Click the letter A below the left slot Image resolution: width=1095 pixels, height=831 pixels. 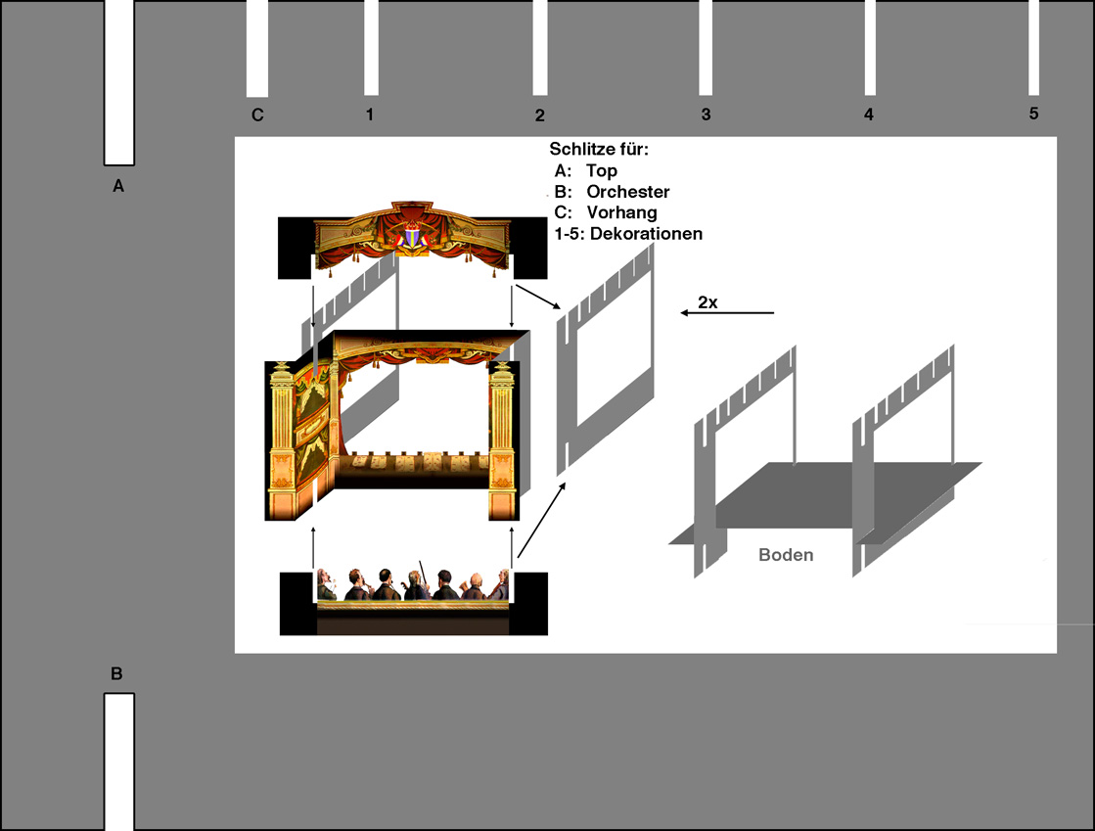pos(118,186)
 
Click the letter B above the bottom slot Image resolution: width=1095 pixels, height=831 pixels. pos(116,673)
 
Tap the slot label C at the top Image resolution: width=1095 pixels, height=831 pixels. pos(257,115)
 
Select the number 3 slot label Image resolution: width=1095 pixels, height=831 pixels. pos(706,115)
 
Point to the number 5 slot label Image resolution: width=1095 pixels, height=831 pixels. pos(1033,114)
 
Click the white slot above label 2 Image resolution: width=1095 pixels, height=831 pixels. pos(540,48)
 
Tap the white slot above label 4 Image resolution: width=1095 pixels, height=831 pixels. pos(870,48)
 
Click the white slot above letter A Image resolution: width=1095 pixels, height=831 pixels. pos(119,82)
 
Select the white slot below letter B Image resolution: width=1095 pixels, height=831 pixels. pos(119,762)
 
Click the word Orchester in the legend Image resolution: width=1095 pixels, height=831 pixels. pos(628,192)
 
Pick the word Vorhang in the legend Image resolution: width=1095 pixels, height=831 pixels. pos(621,213)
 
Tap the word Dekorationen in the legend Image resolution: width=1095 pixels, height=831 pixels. pos(646,234)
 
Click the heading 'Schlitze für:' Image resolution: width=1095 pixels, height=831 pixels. pos(599,150)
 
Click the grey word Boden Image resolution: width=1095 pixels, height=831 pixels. pos(786,555)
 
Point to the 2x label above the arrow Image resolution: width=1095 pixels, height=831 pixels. pos(707,302)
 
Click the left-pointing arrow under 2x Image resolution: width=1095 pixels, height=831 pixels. pos(727,313)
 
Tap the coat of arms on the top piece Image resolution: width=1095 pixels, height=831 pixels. pos(412,235)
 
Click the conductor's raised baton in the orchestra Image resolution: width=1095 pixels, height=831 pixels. pos(422,572)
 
